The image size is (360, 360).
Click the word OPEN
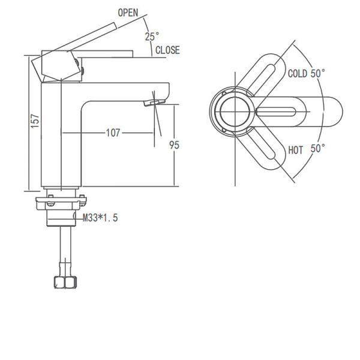pyautogui.click(x=127, y=12)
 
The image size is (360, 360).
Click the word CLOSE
pyautogui.click(x=167, y=50)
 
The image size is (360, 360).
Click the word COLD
pyautogui.click(x=297, y=74)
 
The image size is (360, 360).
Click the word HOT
pyautogui.click(x=296, y=149)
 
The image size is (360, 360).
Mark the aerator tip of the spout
pyautogui.click(x=152, y=103)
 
